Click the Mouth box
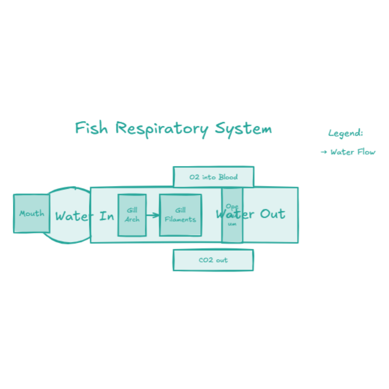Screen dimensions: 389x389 point(32,213)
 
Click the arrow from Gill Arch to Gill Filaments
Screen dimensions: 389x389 point(153,215)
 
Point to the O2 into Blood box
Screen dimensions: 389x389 point(213,177)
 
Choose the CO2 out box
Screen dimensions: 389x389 point(213,260)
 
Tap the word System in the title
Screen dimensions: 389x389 point(243,128)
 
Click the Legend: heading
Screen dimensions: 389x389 point(346,133)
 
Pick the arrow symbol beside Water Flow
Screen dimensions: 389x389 point(324,152)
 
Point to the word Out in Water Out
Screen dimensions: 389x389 point(272,214)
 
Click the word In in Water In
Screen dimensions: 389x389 point(107,216)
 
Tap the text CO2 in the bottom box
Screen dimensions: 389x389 point(206,260)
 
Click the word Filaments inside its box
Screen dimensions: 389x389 point(180,220)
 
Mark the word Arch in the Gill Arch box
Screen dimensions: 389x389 point(132,219)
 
